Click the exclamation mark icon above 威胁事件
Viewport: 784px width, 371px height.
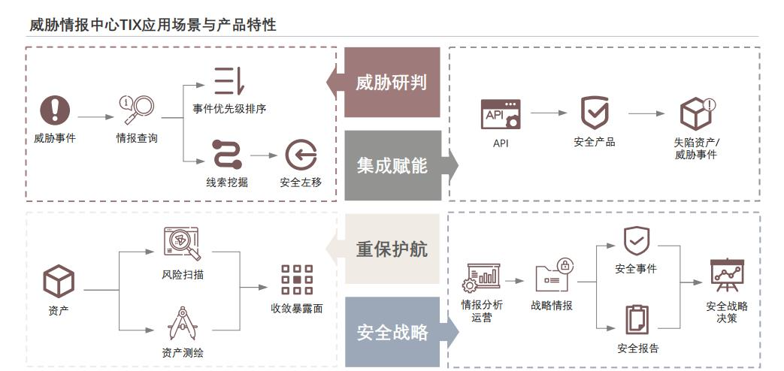[x=54, y=110]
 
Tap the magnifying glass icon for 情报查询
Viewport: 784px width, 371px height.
[x=137, y=110]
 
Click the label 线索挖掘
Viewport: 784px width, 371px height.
[x=227, y=182]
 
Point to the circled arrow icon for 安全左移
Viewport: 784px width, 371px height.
[x=300, y=155]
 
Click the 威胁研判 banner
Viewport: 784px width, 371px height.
[x=392, y=82]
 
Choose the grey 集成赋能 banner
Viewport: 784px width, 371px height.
[x=392, y=165]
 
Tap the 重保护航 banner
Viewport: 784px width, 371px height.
[x=392, y=249]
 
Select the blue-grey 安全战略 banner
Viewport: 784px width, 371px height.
[x=392, y=332]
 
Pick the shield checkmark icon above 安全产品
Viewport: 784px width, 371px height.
[x=595, y=113]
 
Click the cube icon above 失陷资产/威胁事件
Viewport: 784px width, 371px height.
[x=696, y=113]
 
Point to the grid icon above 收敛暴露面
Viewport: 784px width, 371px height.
[x=297, y=279]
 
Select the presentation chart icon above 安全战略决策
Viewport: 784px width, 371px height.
[x=727, y=275]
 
